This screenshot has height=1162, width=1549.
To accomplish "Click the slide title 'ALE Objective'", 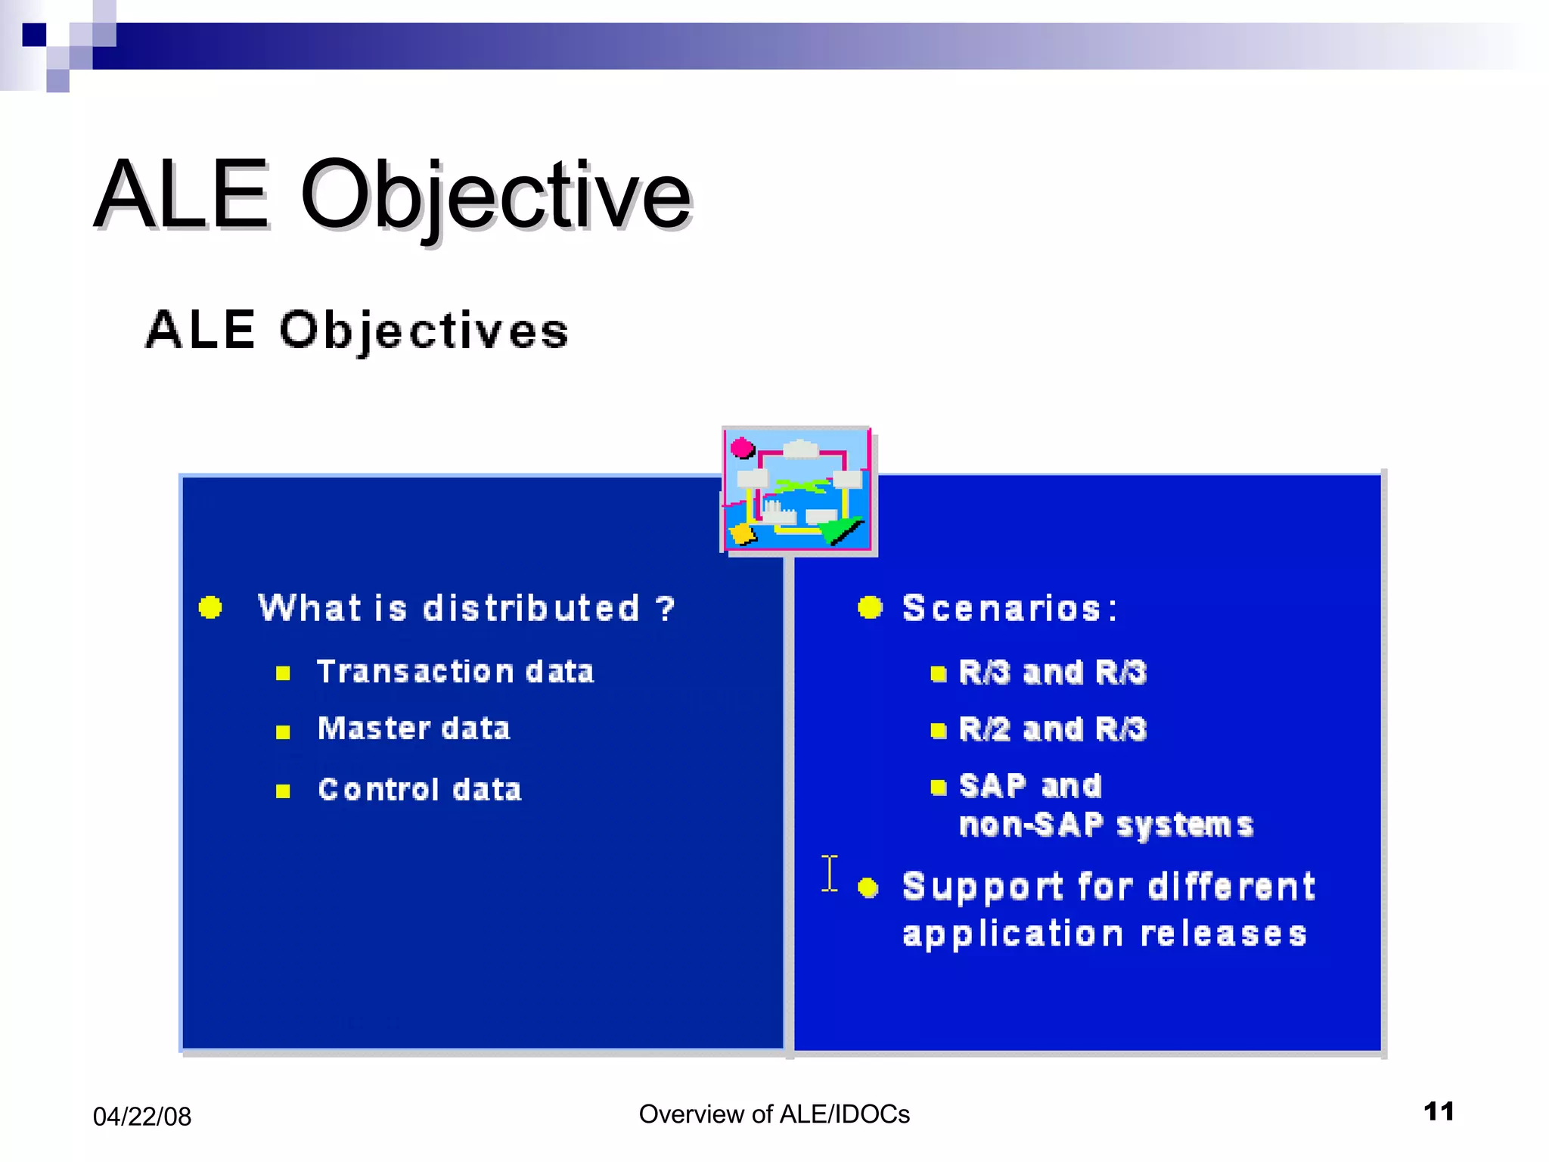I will coord(393,195).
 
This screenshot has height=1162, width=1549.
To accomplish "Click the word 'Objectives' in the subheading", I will coord(424,331).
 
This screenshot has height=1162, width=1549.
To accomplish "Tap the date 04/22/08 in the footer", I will coord(142,1117).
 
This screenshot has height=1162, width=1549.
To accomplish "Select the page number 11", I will coord(1439,1111).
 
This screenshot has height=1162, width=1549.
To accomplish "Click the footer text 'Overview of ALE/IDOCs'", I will coord(774,1114).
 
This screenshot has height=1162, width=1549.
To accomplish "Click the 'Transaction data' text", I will coord(455,672).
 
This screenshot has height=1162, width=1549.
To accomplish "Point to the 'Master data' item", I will coord(414,729).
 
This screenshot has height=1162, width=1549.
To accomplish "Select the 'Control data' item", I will coord(420,790).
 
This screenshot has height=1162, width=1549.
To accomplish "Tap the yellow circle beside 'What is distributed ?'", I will coord(210,607).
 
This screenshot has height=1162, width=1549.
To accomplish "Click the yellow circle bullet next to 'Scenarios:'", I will coord(870,607).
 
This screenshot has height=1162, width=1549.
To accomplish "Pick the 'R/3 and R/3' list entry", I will coord(1052,673).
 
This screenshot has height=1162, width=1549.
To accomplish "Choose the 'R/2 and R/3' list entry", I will coord(1052,729).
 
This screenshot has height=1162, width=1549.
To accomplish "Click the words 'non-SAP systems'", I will coord(1106,825).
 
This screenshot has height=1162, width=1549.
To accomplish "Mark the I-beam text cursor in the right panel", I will coord(830,874).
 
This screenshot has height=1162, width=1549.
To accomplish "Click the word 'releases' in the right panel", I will coord(1224,934).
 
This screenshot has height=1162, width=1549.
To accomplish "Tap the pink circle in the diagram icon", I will coord(742,449).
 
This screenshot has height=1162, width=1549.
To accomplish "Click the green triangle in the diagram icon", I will coord(842,532).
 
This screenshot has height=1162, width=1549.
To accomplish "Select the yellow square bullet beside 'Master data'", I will coord(283,732).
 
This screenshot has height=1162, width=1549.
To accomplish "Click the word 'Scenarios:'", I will coord(1010,608).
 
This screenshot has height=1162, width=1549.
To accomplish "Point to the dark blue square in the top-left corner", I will coord(34,35).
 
